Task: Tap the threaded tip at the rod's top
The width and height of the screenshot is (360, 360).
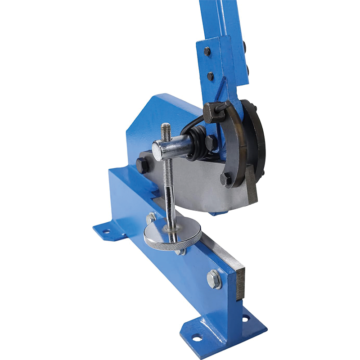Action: [x=166, y=130]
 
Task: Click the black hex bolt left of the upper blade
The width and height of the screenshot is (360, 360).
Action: [x=142, y=165]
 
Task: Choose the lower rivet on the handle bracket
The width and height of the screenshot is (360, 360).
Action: [x=210, y=76]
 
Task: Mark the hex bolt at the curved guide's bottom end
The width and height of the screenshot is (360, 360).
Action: [x=226, y=179]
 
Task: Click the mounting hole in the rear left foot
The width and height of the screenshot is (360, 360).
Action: [x=106, y=231]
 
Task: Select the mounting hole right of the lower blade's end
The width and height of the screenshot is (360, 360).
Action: [x=245, y=318]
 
